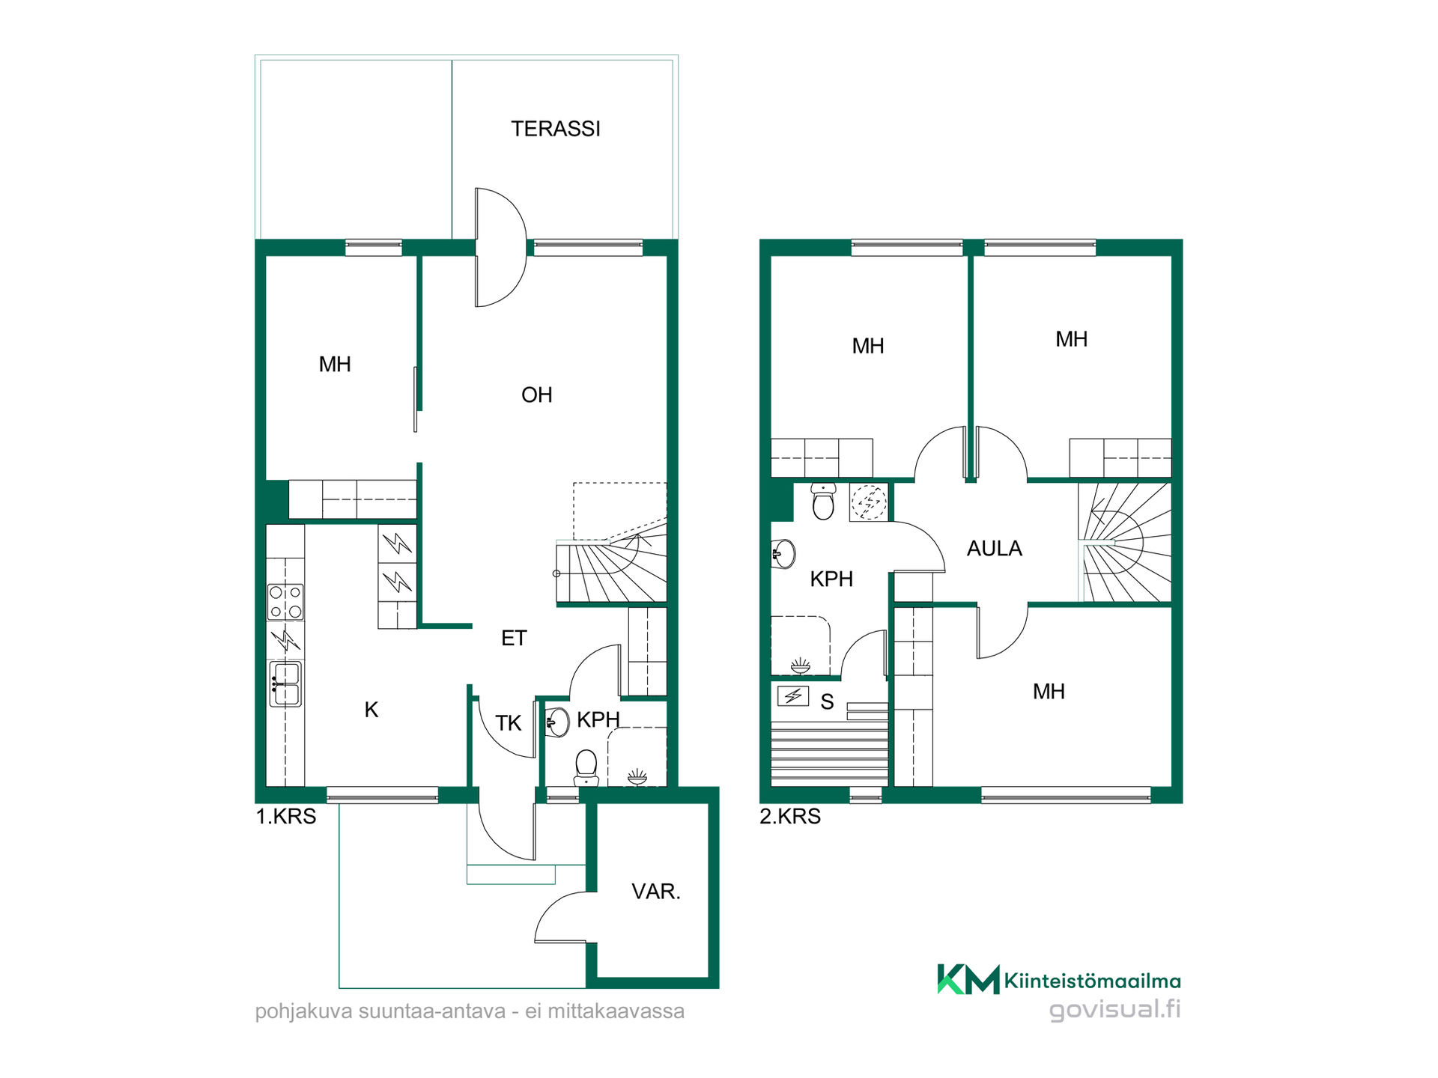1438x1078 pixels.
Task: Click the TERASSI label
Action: tap(556, 129)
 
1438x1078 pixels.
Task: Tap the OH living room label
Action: tap(536, 395)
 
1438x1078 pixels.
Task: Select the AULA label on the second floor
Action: tap(994, 549)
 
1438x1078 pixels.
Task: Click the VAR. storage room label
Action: tap(655, 892)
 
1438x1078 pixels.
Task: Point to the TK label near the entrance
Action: tap(508, 723)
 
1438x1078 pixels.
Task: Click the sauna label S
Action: tap(827, 702)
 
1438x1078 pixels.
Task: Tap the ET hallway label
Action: tap(514, 638)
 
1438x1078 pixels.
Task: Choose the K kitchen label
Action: tap(371, 710)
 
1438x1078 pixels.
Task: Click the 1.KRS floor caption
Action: tap(286, 816)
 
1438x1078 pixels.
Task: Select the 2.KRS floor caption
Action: tap(790, 816)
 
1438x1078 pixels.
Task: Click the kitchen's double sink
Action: tap(285, 684)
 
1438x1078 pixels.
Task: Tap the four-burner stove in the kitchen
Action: tap(285, 602)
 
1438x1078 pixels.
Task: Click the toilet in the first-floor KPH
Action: tap(586, 768)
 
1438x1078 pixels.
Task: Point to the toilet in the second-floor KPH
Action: tap(823, 501)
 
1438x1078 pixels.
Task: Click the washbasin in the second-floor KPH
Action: tap(783, 554)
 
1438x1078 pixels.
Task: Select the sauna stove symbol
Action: tap(793, 696)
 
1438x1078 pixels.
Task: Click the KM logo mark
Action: tap(968, 979)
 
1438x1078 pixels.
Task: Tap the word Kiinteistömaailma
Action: tap(1093, 981)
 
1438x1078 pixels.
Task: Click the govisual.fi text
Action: tap(1115, 1010)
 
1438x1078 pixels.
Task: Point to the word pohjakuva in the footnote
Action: tap(304, 1012)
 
